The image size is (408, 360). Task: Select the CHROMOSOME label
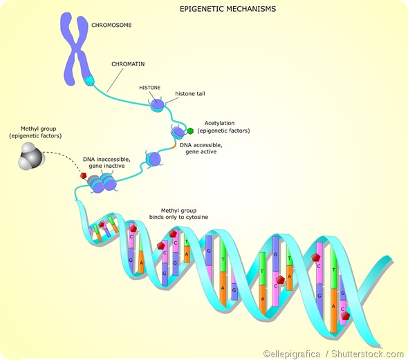coord(111,25)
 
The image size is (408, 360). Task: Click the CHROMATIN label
coord(128,64)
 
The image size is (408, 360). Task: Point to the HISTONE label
coord(150,88)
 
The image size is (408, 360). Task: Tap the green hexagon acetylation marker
coord(190,130)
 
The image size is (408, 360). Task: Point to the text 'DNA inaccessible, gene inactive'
coord(106,164)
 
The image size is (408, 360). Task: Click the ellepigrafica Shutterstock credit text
coord(333,353)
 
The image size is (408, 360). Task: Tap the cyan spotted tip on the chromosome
coord(89,81)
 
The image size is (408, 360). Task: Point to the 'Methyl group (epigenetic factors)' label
coord(35,132)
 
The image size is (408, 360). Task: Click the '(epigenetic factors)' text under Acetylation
coord(223,131)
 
